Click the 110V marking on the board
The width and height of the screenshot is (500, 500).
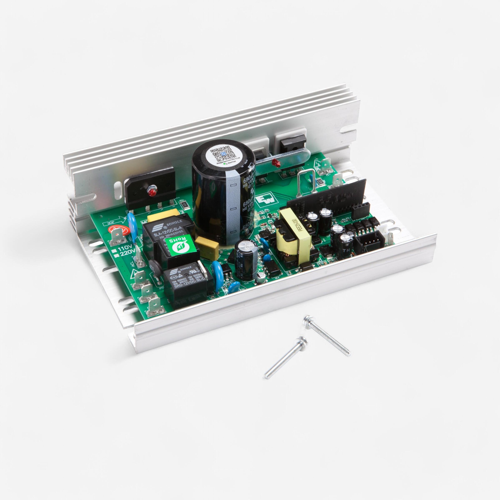[126, 249]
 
